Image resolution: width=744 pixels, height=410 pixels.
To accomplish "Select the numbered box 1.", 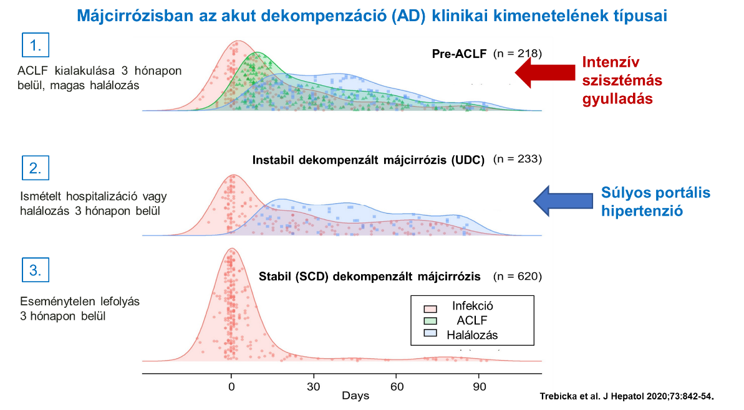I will tap(36, 45).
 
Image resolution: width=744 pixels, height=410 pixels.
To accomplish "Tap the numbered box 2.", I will tap(36, 169).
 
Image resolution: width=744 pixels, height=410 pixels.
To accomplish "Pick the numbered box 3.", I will tap(36, 270).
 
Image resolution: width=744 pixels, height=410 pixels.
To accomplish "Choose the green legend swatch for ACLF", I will tap(430, 320).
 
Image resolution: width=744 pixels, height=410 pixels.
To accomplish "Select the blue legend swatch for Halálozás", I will tap(430, 335).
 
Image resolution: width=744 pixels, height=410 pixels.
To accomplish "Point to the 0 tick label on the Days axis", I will tap(231, 386).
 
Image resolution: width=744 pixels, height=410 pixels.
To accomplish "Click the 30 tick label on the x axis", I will tap(314, 386).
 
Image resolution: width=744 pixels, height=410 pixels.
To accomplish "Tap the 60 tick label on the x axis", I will tap(396, 386).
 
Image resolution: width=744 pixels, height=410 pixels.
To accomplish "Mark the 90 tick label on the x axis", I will tap(478, 386).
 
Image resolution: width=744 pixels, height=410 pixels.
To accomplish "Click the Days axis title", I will tap(355, 396).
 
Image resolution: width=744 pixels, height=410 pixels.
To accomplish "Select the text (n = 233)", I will tap(517, 159).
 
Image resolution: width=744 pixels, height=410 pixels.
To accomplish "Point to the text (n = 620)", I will tap(517, 275).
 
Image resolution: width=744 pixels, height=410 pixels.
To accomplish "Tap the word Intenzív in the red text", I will tap(611, 62).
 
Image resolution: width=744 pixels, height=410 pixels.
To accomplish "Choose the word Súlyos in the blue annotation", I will tap(624, 193).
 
